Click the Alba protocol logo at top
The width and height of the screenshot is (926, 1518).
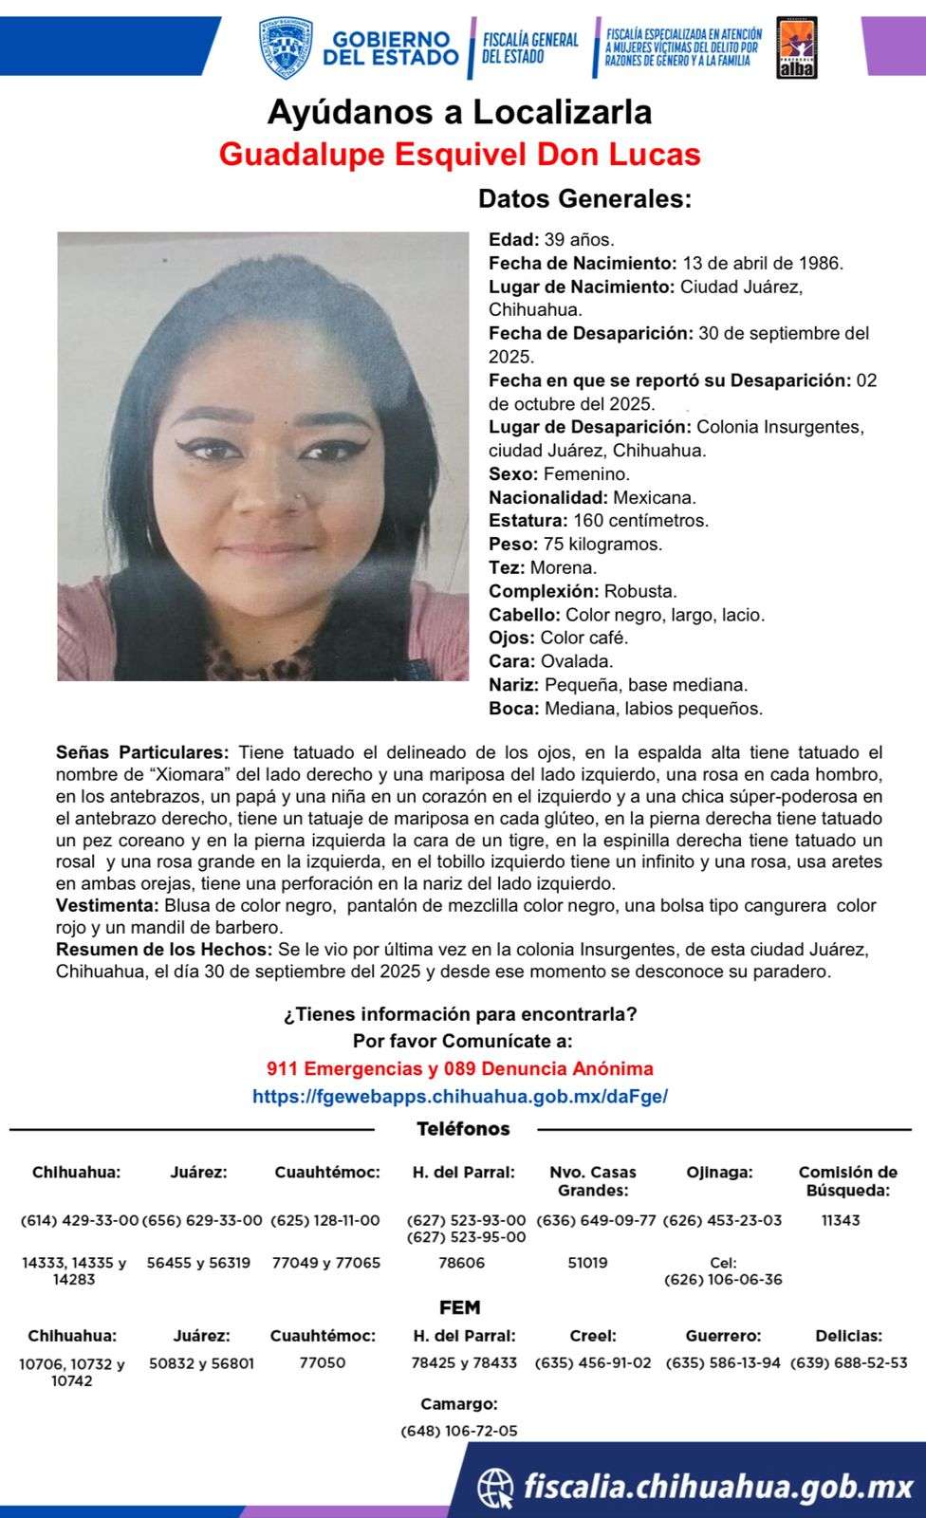tap(797, 47)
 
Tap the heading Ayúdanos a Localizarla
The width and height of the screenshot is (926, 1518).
tap(459, 113)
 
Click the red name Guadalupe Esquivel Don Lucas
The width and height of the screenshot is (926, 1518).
tap(459, 155)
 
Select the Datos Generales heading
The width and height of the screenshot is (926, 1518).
tap(584, 199)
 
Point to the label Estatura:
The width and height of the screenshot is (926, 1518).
tap(528, 520)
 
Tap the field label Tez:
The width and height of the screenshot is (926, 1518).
tap(507, 567)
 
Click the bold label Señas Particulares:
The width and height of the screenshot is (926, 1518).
tap(142, 752)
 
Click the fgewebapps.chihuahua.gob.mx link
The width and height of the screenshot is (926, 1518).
tap(459, 1096)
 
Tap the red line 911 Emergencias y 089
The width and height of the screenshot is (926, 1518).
tap(459, 1068)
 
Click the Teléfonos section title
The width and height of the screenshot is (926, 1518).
tap(463, 1129)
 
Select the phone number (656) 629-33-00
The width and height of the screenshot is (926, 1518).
tap(202, 1220)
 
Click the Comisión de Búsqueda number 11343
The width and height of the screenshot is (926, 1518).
tap(841, 1220)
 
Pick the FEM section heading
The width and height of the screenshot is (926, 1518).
tap(459, 1307)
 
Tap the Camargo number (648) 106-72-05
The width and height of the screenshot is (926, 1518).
tap(459, 1431)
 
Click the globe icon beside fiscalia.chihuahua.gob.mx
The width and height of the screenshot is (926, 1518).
tap(495, 1486)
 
